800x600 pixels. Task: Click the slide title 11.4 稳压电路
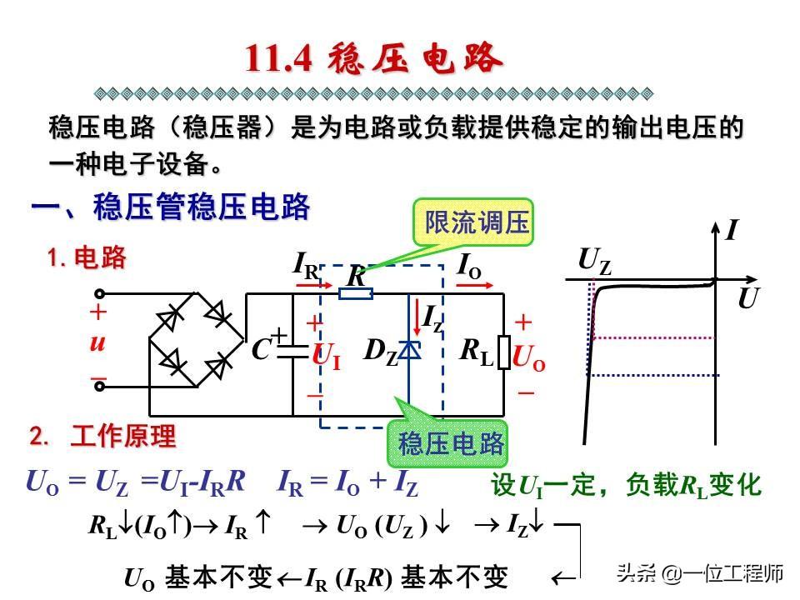[374, 59]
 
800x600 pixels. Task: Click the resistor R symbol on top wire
[356, 293]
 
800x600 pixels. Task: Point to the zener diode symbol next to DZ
[408, 351]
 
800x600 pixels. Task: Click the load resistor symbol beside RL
[503, 352]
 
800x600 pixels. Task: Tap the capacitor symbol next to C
[292, 351]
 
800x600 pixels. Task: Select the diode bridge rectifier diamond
[196, 338]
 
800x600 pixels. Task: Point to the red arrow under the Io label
[471, 284]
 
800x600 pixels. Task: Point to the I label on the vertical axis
[732, 230]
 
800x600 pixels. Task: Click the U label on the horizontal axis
[747, 299]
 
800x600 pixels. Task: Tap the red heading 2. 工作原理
[103, 436]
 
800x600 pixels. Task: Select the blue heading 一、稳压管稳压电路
[171, 207]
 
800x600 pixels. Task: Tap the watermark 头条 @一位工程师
[699, 573]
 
